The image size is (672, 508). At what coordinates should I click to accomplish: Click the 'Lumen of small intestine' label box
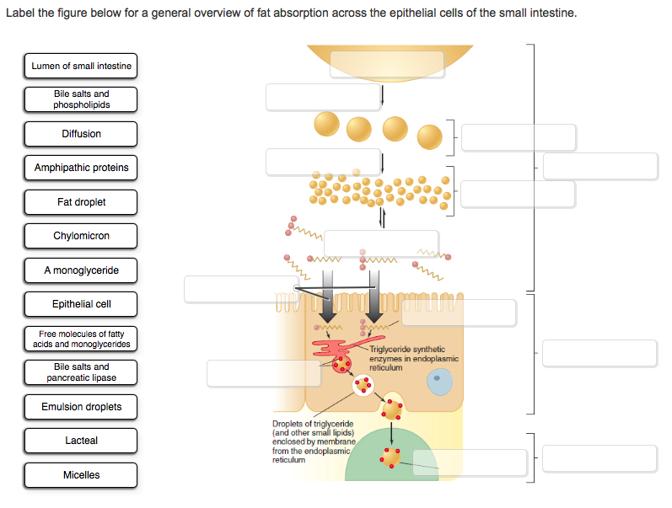click(x=81, y=66)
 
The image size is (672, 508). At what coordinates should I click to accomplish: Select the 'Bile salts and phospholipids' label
click(x=81, y=99)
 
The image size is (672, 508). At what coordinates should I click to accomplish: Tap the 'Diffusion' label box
click(x=81, y=134)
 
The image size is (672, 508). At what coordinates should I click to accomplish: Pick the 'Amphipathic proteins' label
click(x=81, y=168)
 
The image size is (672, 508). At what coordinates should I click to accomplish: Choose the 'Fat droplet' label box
click(x=81, y=202)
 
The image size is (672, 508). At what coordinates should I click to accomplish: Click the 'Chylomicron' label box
click(x=81, y=236)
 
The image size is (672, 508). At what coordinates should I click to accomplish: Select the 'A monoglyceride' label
click(x=81, y=270)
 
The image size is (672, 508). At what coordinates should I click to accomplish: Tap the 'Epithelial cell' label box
click(x=81, y=304)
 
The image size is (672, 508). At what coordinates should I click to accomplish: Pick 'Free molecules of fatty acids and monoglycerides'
click(x=81, y=339)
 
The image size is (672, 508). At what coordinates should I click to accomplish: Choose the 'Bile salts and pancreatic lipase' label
click(x=81, y=372)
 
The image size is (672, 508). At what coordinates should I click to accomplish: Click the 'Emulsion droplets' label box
click(x=81, y=407)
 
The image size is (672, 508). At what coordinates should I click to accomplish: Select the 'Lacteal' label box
click(x=81, y=441)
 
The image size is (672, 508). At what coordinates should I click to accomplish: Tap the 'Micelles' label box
click(x=81, y=475)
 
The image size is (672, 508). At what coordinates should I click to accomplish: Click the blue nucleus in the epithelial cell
click(x=438, y=382)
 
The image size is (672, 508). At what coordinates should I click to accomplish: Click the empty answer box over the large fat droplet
click(x=387, y=64)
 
